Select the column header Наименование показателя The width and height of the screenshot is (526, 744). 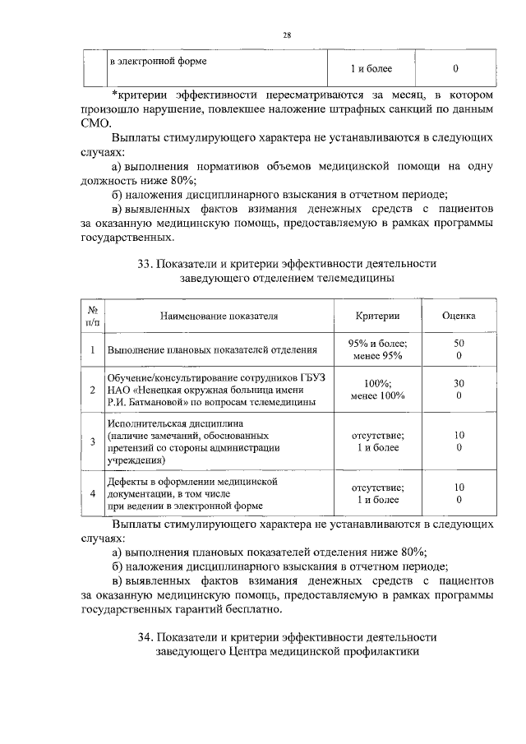(x=219, y=315)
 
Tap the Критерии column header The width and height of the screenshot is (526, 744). (x=377, y=315)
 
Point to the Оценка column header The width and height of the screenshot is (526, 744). (x=458, y=315)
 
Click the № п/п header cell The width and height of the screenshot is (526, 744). (x=94, y=315)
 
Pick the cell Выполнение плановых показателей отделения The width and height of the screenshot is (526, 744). (x=213, y=350)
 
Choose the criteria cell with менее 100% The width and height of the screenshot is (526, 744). (x=377, y=395)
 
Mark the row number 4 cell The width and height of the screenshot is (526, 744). (x=94, y=493)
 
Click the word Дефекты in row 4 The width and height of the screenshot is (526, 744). (x=127, y=480)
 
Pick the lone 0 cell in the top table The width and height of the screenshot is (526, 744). (x=455, y=68)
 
